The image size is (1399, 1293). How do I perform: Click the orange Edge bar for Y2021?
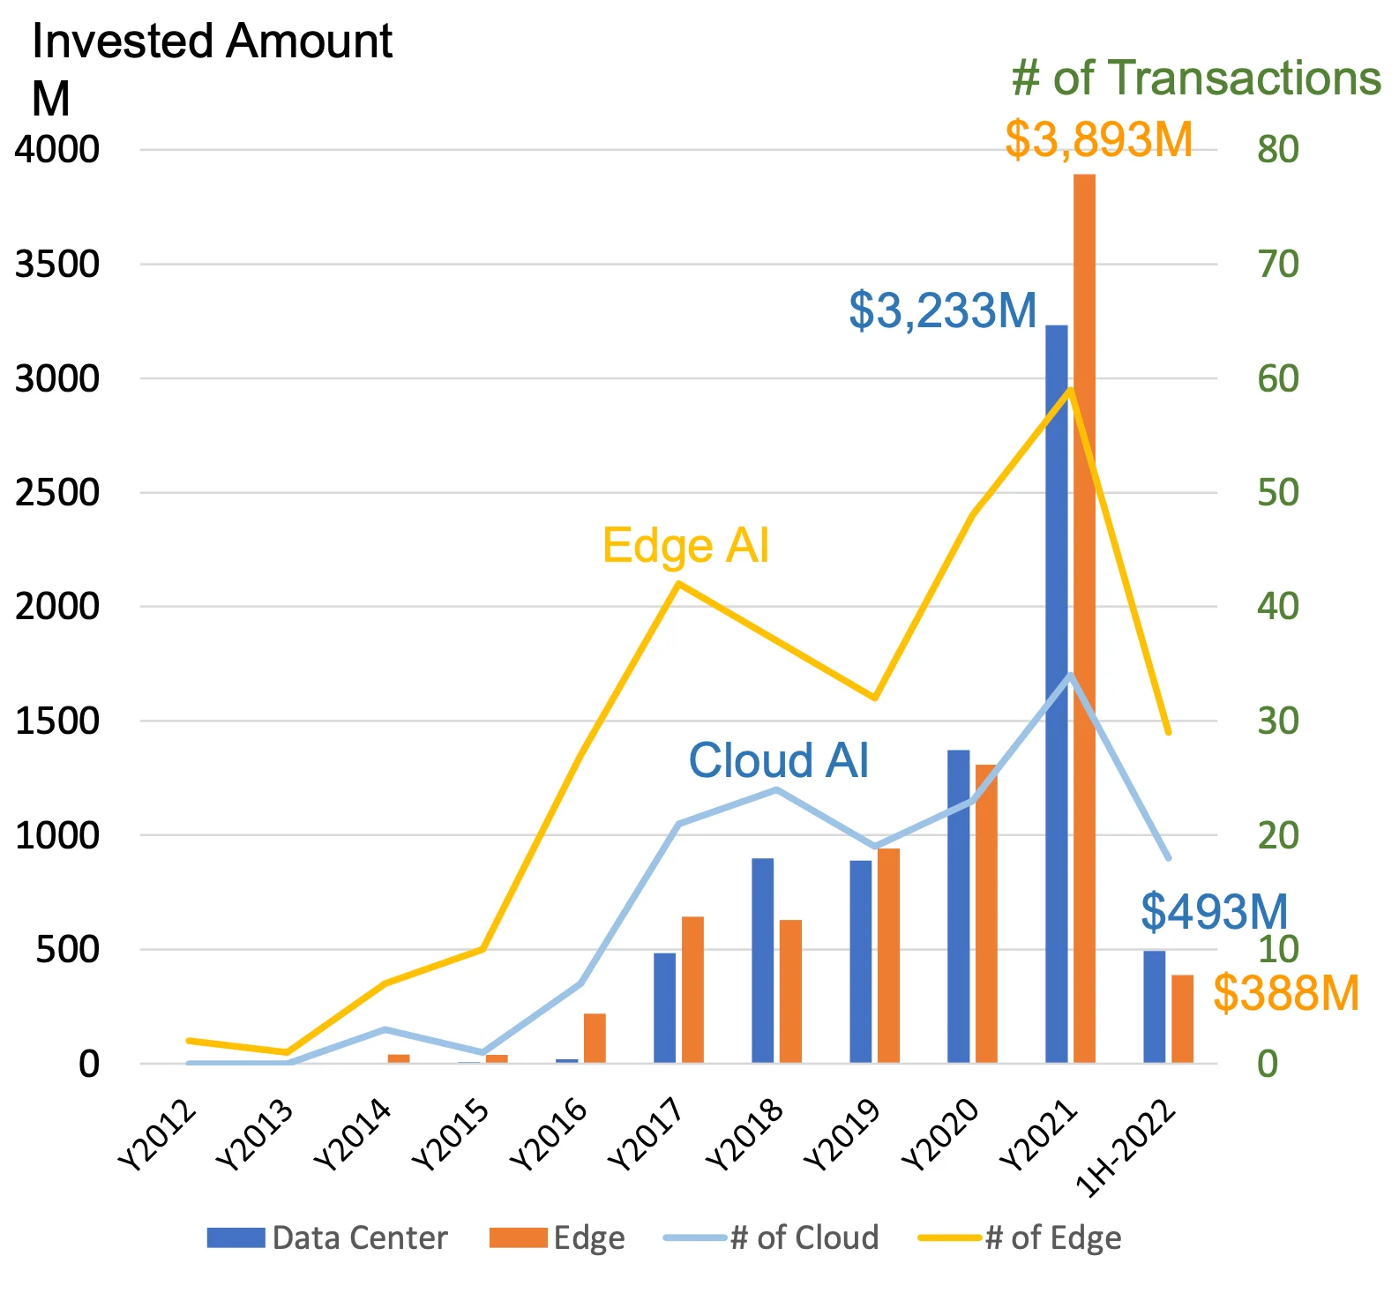coord(1084,617)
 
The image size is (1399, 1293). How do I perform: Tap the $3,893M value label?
coord(1098,140)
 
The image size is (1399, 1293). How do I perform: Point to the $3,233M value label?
coord(942,310)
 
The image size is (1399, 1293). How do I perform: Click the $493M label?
coord(1214,911)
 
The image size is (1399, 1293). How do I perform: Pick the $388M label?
coord(1285,993)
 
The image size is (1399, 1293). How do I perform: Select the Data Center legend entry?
coord(327,1237)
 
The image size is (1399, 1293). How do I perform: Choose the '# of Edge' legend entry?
coord(1020,1237)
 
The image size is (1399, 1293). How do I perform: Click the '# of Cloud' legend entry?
coord(772,1237)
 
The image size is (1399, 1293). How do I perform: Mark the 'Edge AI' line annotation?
coord(685,545)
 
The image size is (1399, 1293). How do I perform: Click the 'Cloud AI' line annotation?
coord(778,760)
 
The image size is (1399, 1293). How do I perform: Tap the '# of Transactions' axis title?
coord(1195,78)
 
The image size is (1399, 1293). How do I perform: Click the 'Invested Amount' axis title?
coord(212,42)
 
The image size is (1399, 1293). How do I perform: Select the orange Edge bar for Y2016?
coord(595,1038)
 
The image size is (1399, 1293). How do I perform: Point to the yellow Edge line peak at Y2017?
coord(677,583)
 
